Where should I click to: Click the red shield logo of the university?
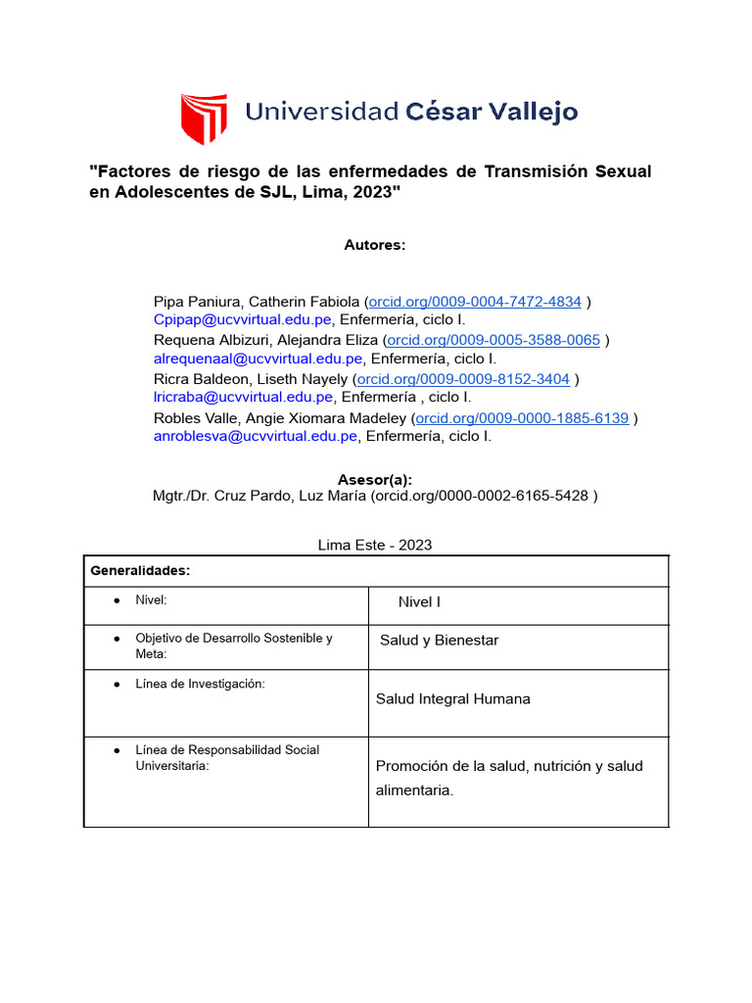[204, 118]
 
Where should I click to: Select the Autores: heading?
[375, 245]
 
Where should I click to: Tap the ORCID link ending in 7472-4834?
[475, 302]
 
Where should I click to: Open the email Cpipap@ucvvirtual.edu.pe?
[244, 319]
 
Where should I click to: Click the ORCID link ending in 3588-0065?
[493, 340]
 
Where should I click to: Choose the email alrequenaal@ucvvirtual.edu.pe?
[258, 358]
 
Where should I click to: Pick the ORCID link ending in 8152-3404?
[463, 379]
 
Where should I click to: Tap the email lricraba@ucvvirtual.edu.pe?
[244, 397]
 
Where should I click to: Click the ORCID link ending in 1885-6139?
[522, 418]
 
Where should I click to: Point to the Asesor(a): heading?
[375, 479]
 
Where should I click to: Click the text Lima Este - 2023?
[375, 545]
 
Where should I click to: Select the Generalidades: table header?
[140, 570]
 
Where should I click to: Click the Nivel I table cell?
[419, 602]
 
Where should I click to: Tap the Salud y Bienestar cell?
[439, 641]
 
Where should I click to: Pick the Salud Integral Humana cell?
[452, 699]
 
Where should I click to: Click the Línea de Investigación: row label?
[200, 684]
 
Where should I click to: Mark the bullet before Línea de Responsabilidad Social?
[117, 750]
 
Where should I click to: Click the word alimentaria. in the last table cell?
[414, 790]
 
